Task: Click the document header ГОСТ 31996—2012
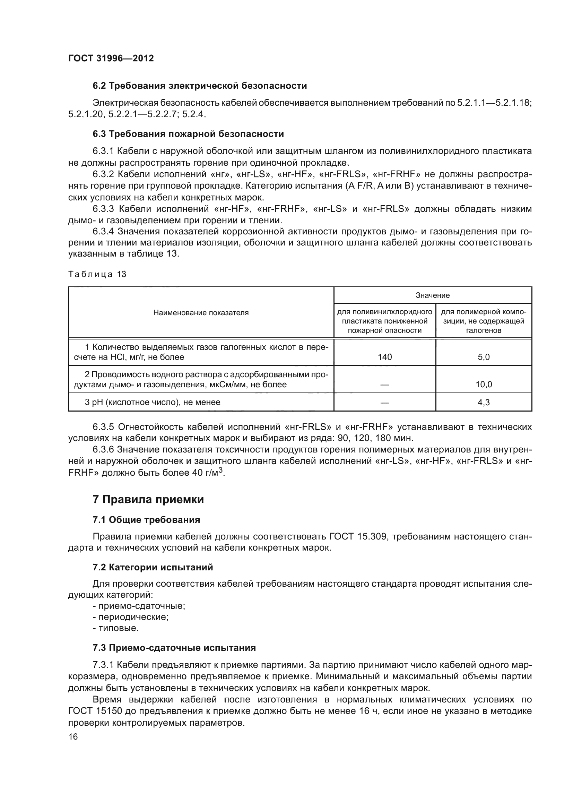point(111,58)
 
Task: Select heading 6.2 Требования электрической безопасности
point(199,86)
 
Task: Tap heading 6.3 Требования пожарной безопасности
point(188,134)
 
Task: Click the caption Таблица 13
point(97,274)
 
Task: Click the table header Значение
point(432,295)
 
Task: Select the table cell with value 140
point(384,357)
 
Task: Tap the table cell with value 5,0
point(483,357)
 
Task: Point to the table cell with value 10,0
point(483,384)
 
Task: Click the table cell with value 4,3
point(483,402)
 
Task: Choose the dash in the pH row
point(384,402)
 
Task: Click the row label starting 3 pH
point(152,402)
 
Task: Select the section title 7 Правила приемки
point(148,499)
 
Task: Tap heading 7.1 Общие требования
point(146,520)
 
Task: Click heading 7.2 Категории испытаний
point(153,567)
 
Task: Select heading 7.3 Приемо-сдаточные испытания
point(174,648)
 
